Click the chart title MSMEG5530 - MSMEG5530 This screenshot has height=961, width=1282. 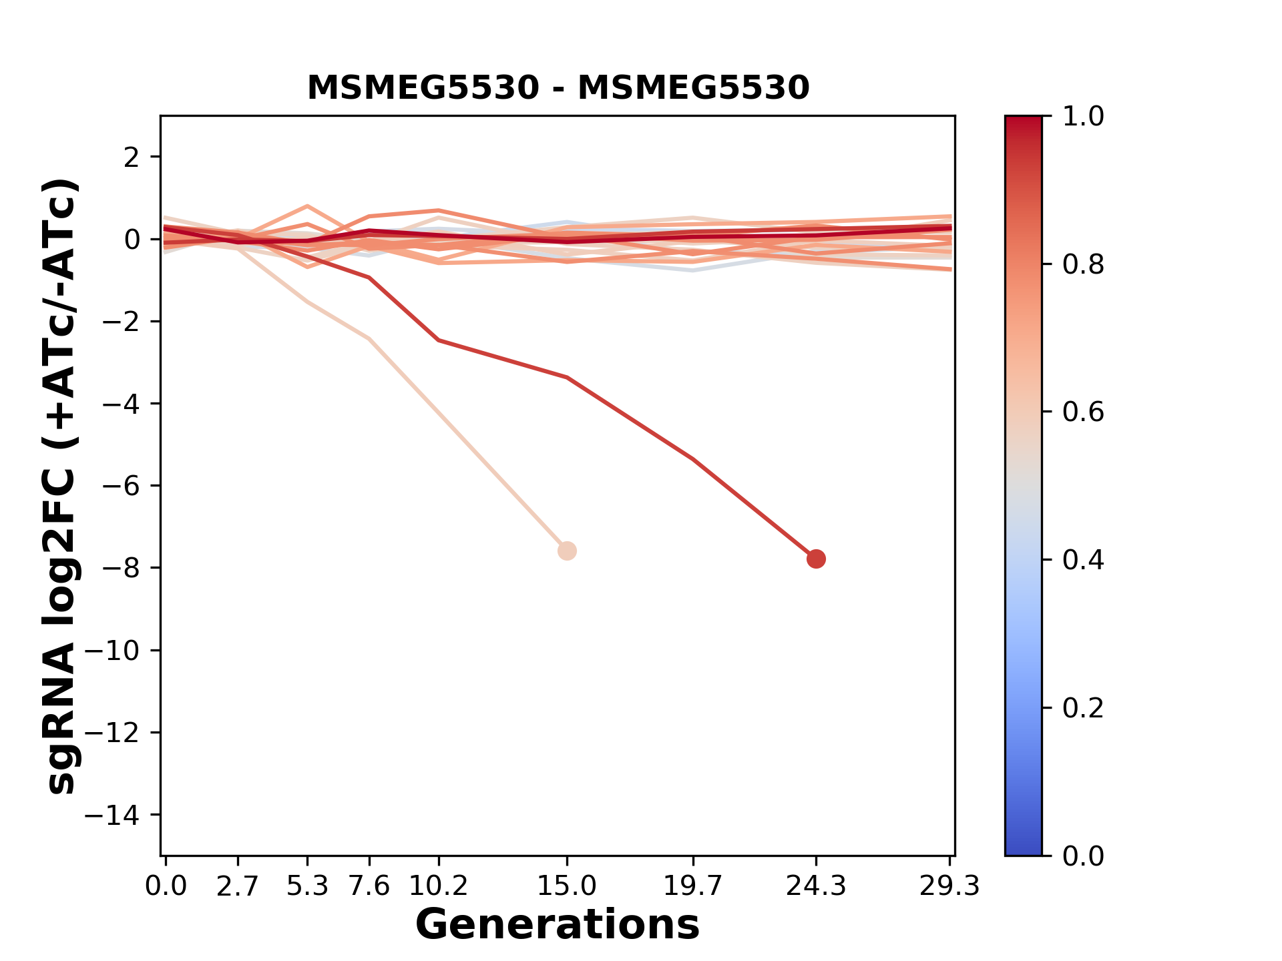tap(558, 88)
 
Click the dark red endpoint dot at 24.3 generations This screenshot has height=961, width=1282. tap(815, 559)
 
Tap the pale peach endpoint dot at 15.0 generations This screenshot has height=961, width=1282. tap(567, 551)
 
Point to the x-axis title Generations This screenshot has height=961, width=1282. tap(558, 925)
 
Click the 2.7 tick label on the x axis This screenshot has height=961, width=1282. tap(238, 886)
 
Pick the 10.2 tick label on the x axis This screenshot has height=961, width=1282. tap(438, 886)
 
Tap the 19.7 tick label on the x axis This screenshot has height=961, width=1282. tap(693, 886)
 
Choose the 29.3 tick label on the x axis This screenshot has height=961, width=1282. tap(949, 886)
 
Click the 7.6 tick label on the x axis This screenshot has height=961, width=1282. tap(369, 886)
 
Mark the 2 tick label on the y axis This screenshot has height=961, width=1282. tap(132, 157)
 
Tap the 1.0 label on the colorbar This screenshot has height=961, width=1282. tap(1083, 117)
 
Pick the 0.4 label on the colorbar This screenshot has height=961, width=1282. tap(1083, 560)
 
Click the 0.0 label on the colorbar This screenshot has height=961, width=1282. tap(1083, 856)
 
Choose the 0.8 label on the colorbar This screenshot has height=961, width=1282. tap(1083, 265)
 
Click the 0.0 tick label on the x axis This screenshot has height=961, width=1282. tap(166, 886)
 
